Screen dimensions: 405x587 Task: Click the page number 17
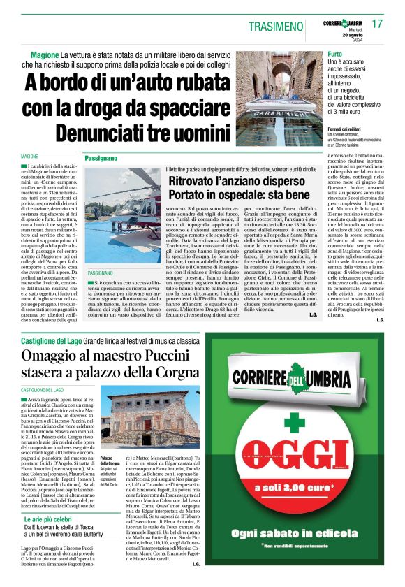[x=378, y=24]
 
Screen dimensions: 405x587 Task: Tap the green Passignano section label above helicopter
[x=101, y=159]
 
